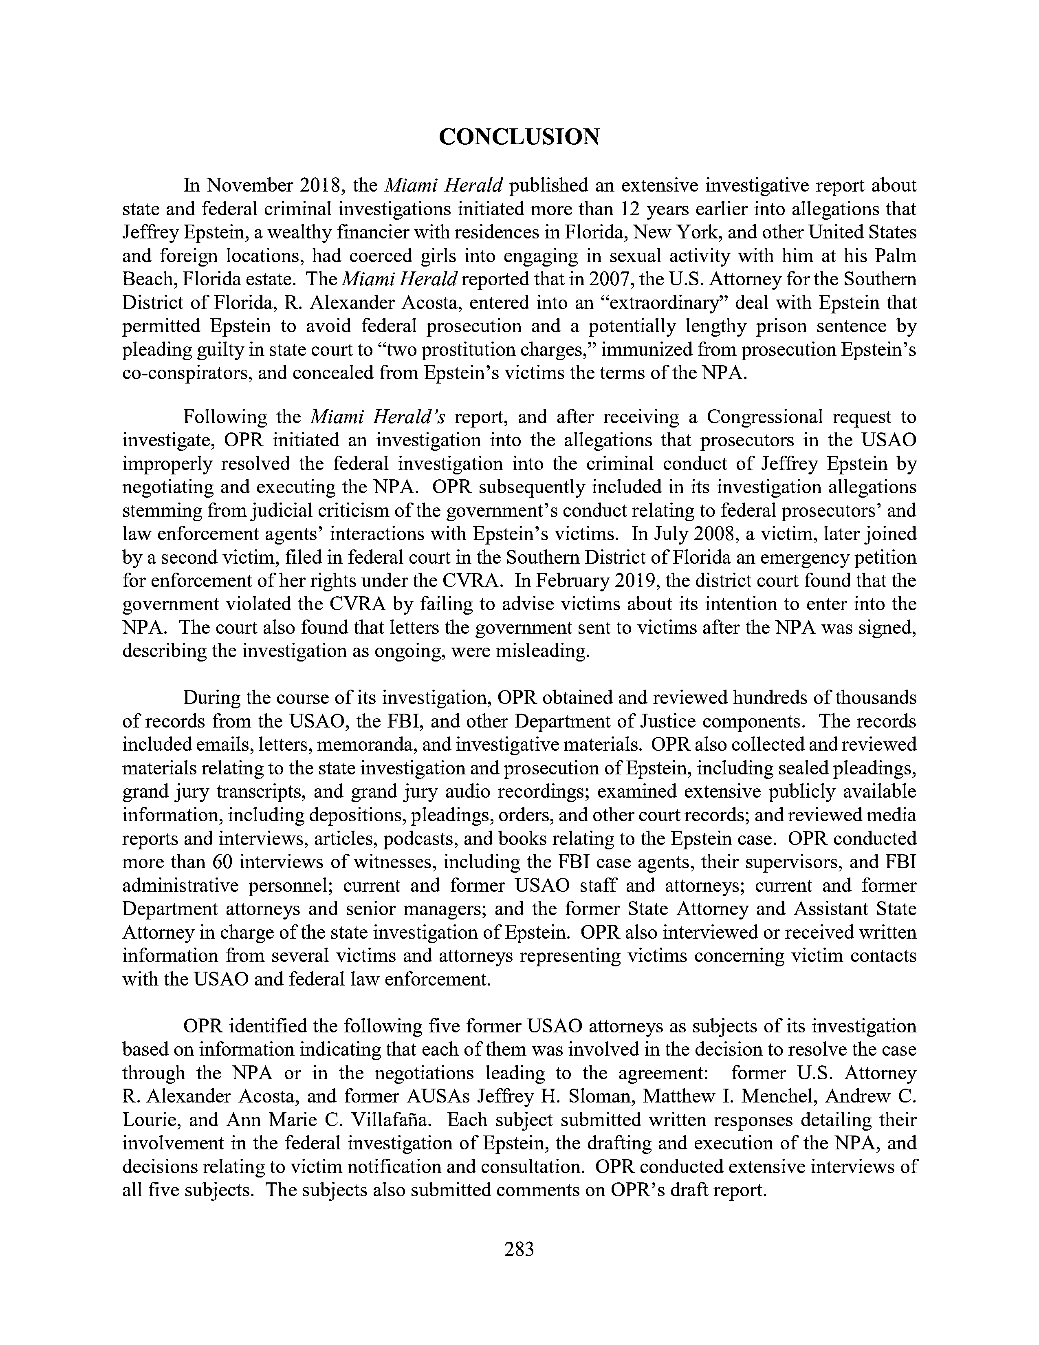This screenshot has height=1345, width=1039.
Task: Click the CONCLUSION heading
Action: click(519, 137)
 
